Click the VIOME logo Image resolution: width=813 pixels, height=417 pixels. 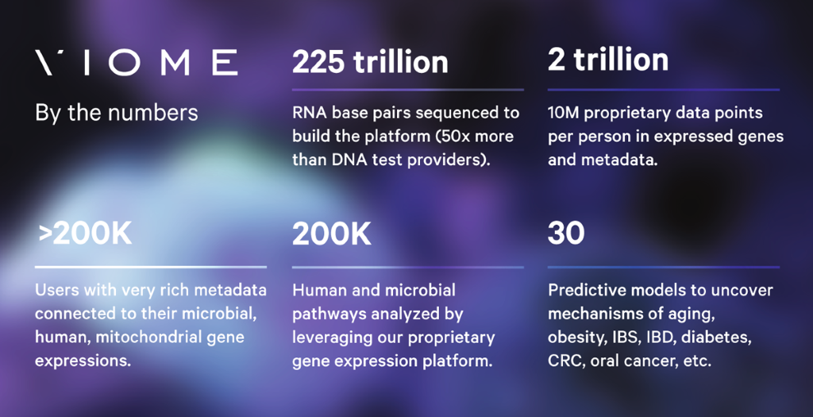pos(137,63)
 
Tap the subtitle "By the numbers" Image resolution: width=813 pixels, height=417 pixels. pos(117,113)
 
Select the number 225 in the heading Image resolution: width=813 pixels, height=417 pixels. pos(318,62)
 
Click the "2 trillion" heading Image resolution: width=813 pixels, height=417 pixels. pos(608,60)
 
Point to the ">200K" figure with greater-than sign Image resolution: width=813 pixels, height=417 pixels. pos(84,234)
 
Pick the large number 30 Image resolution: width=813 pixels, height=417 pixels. pos(565,234)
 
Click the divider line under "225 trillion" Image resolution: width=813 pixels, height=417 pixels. pos(408,90)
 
